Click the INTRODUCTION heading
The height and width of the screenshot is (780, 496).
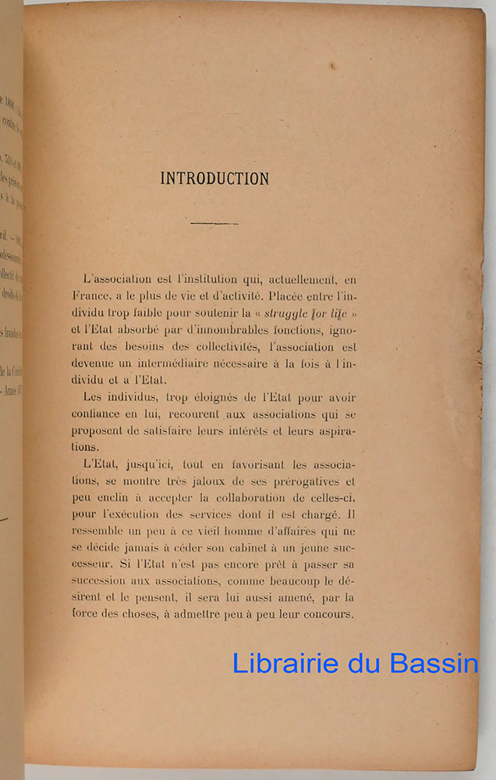tap(214, 179)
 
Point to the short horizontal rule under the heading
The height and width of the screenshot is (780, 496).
tap(214, 224)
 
